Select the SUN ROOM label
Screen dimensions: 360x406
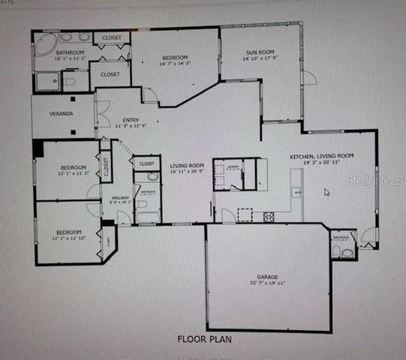(x=261, y=52)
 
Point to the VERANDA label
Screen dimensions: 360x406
(x=62, y=114)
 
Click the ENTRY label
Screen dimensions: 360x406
(x=131, y=119)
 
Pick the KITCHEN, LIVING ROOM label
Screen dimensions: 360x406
(x=322, y=156)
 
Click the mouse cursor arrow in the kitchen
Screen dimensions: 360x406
(x=326, y=192)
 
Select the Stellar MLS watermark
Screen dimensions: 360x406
(x=372, y=181)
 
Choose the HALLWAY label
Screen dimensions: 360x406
(x=120, y=197)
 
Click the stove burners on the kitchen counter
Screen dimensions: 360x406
(x=268, y=217)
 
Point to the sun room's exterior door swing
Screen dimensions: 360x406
(x=308, y=76)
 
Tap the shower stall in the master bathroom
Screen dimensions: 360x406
(x=47, y=81)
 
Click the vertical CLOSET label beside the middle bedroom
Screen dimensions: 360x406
(x=107, y=166)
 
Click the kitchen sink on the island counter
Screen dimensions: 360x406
(x=297, y=193)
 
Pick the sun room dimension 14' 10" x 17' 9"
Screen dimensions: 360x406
(x=261, y=59)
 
